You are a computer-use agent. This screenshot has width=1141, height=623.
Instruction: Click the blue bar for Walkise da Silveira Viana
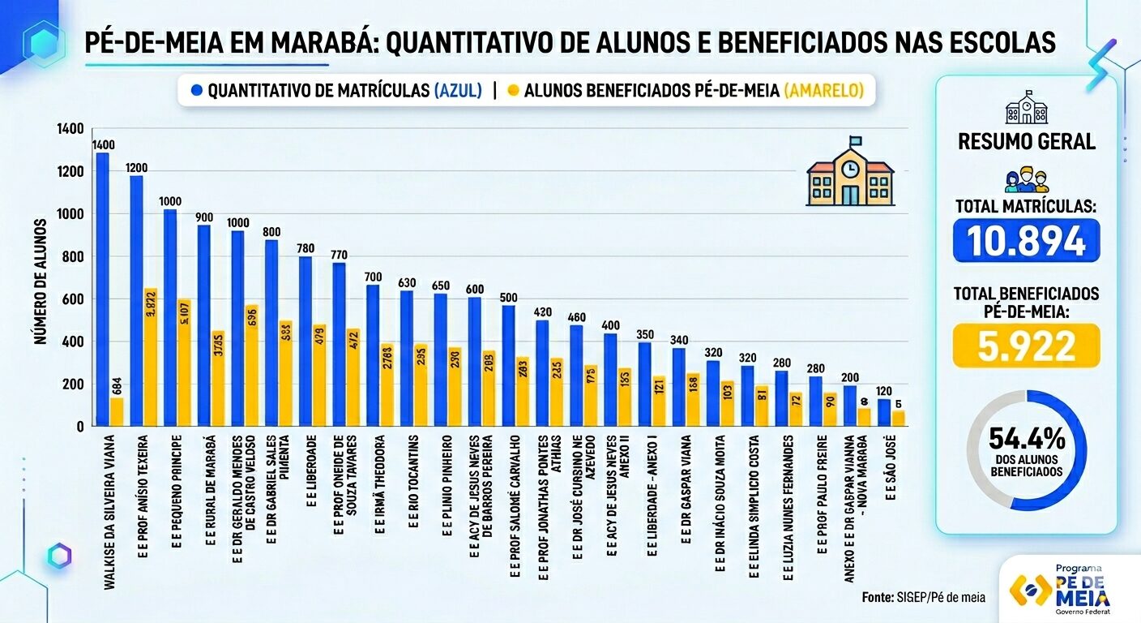102,288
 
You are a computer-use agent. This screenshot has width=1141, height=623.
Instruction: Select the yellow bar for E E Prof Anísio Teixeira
150,357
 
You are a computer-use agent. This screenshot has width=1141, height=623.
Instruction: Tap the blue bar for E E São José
884,412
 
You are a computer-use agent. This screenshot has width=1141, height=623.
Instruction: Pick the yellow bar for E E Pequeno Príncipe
184,362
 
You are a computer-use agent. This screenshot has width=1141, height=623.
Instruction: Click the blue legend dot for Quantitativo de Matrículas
195,91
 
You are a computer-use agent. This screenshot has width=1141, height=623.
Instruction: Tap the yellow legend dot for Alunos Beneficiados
512,91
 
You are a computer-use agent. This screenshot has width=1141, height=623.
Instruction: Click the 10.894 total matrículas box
1026,240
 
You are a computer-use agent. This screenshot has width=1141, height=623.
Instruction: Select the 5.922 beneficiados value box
1026,346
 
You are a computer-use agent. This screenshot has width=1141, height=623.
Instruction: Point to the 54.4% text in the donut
1026,440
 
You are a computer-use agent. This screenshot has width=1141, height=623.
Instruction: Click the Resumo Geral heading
1026,141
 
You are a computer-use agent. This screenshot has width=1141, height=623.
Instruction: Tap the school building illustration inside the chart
849,172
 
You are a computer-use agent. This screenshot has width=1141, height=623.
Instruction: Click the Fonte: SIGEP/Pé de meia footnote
923,597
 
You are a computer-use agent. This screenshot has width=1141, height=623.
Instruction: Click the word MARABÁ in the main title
334,42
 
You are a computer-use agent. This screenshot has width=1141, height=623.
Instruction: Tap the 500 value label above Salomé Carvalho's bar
508,297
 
